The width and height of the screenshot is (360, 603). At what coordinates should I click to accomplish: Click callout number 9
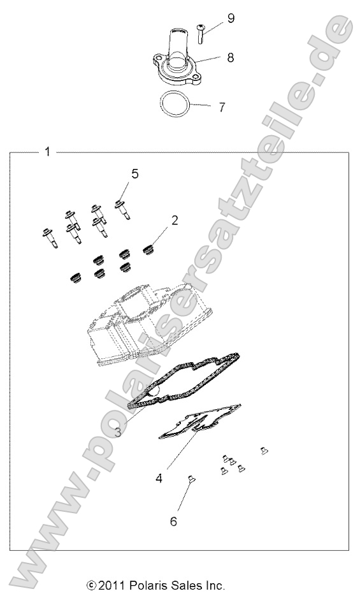[x=231, y=18]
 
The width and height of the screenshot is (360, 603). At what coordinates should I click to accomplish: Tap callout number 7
[x=222, y=107]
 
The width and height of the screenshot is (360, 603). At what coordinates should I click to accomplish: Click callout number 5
[x=134, y=173]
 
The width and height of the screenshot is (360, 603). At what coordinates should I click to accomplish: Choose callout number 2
[x=174, y=220]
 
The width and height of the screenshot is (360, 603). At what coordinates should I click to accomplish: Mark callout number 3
[x=119, y=432]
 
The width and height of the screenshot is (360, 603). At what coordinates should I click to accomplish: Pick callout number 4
[x=159, y=477]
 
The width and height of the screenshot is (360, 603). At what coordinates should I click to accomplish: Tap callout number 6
[x=173, y=521]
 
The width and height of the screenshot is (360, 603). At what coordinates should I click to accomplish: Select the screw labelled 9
[x=200, y=33]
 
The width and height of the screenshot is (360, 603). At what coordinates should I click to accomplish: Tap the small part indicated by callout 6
[x=191, y=479]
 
